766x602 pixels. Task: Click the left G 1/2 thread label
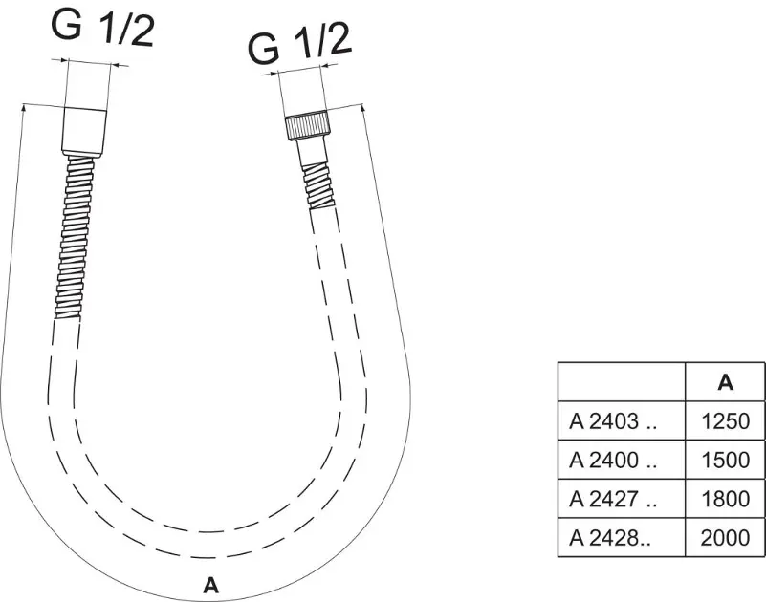pyautogui.click(x=102, y=28)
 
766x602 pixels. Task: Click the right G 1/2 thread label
pyautogui.click(x=300, y=45)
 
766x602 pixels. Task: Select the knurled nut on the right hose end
pyautogui.click(x=308, y=127)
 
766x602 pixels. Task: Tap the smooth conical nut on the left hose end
pyautogui.click(x=84, y=132)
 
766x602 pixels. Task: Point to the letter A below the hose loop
pyautogui.click(x=210, y=585)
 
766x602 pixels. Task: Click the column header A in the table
pyautogui.click(x=726, y=382)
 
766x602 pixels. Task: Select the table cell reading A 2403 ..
pyautogui.click(x=622, y=420)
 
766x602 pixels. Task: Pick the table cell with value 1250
pyautogui.click(x=725, y=420)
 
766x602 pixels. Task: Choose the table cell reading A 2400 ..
pyautogui.click(x=622, y=460)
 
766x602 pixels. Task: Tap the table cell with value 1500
pyautogui.click(x=725, y=460)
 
